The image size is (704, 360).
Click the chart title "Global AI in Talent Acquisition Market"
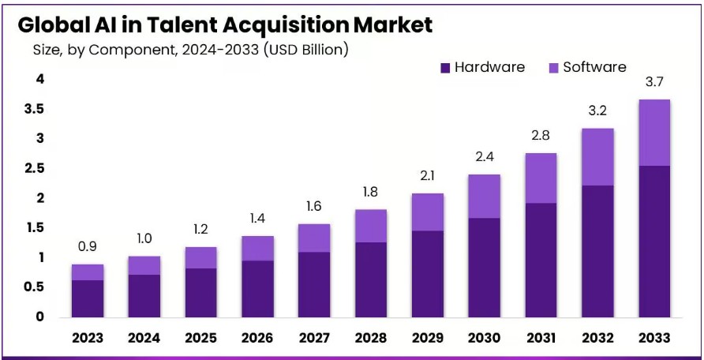pyautogui.click(x=225, y=24)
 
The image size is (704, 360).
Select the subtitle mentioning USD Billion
pyautogui.click(x=190, y=50)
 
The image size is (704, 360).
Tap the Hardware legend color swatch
pyautogui.click(x=446, y=68)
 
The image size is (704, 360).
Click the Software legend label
pyautogui.click(x=594, y=67)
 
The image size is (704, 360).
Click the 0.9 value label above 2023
pyautogui.click(x=87, y=248)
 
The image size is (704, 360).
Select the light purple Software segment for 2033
pyautogui.click(x=654, y=133)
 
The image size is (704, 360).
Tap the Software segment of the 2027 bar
pyautogui.click(x=313, y=238)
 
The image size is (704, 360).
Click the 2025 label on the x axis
pyautogui.click(x=200, y=338)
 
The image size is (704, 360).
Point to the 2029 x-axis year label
pyautogui.click(x=427, y=338)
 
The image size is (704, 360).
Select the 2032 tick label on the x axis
pyautogui.click(x=597, y=338)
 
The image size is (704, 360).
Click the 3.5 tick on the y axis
pyautogui.click(x=33, y=109)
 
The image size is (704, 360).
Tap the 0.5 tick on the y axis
pyautogui.click(x=33, y=287)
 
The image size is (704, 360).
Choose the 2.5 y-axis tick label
pyautogui.click(x=33, y=168)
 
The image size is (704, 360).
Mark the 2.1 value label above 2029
pyautogui.click(x=427, y=176)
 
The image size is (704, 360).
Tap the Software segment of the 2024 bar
pyautogui.click(x=144, y=265)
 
